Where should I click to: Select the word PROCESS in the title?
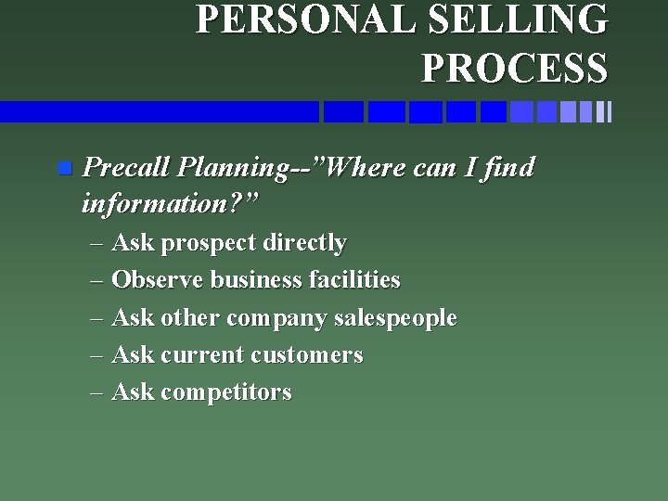click(514, 67)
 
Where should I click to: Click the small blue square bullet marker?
click(63, 168)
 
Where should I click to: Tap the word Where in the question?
click(368, 168)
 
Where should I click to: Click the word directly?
click(304, 243)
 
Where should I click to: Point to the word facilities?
click(352, 280)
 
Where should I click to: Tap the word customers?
click(306, 355)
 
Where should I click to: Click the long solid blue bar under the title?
click(159, 112)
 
